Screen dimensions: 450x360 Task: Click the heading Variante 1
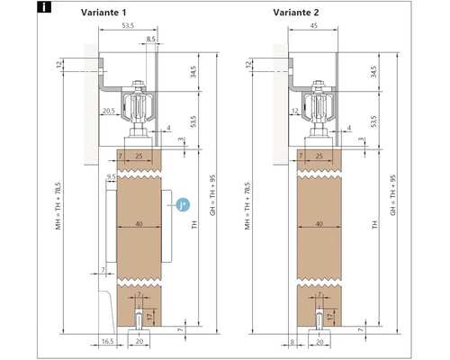(103, 13)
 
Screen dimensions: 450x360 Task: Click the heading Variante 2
(296, 13)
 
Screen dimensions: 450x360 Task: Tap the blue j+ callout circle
(183, 205)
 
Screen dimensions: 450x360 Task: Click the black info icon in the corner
(44, 7)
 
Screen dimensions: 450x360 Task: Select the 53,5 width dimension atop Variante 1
(128, 25)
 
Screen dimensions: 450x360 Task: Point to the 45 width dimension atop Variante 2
(313, 25)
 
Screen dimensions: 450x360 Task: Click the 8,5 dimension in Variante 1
(151, 39)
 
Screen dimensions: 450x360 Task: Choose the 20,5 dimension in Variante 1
(109, 111)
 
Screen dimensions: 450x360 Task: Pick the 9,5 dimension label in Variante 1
(111, 177)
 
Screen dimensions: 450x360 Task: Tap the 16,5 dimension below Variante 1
(108, 341)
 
